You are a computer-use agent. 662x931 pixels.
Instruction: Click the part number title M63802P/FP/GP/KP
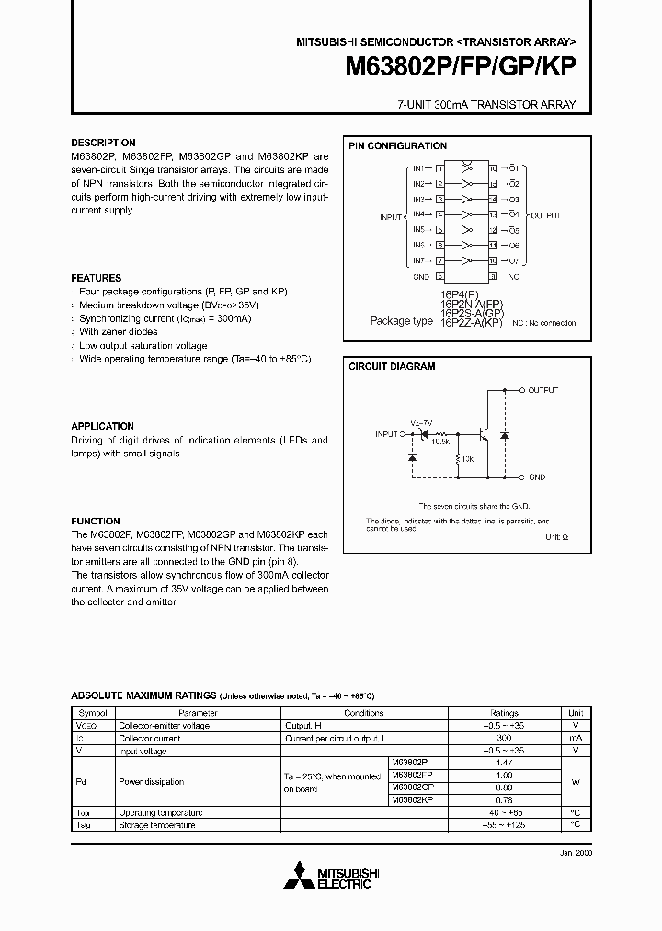(461, 68)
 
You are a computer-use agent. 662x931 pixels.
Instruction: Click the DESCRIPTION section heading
(103, 144)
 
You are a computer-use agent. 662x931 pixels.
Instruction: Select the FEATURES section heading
(96, 278)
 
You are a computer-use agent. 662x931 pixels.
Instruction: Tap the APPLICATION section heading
(102, 426)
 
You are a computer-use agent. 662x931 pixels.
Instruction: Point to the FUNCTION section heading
(96, 521)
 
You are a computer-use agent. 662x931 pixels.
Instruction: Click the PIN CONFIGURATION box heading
(397, 146)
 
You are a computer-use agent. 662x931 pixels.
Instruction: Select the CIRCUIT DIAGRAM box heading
(392, 366)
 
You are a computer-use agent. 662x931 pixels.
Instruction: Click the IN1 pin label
(418, 168)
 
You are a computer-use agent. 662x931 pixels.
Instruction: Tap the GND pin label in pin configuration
(421, 275)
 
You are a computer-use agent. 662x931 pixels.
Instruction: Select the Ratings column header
(504, 713)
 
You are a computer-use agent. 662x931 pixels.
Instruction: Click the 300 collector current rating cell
(504, 739)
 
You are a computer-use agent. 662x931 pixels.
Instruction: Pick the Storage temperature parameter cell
(156, 825)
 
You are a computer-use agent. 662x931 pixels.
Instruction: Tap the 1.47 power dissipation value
(504, 764)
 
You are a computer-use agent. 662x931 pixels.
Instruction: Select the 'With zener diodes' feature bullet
(118, 331)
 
